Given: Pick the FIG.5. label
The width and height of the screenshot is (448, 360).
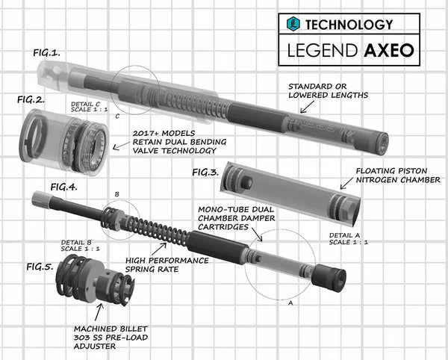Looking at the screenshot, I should tap(41, 266).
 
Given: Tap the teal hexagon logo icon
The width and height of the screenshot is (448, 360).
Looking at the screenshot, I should tap(293, 24).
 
